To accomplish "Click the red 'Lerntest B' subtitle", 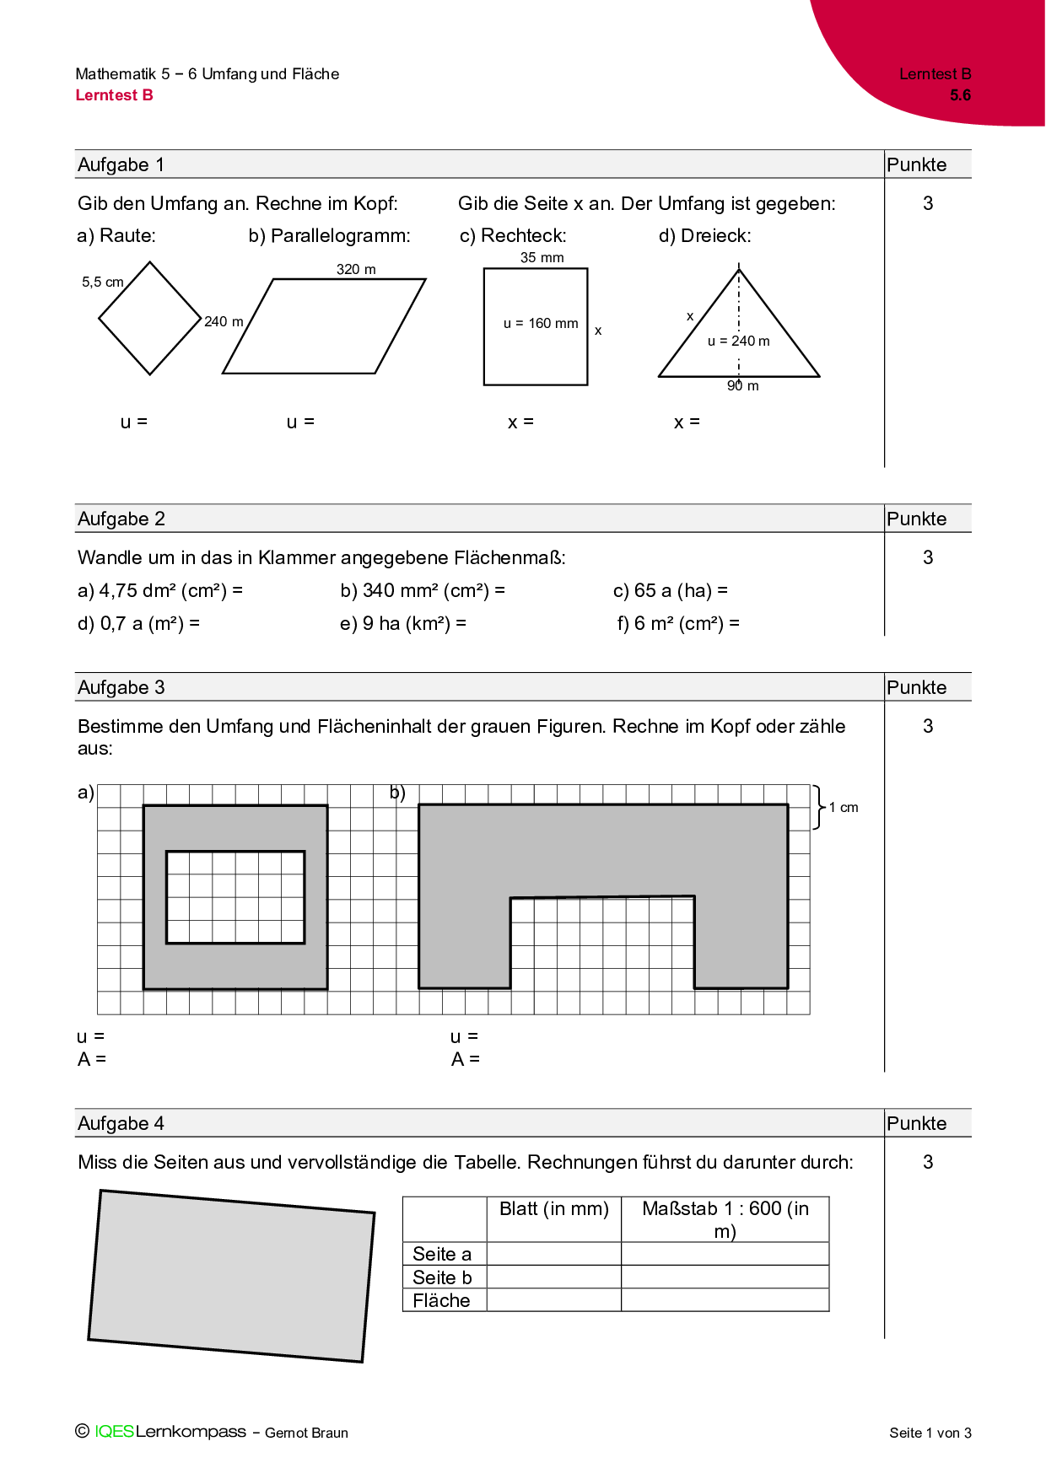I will pyautogui.click(x=114, y=95).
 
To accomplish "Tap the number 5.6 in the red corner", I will pyautogui.click(x=960, y=95).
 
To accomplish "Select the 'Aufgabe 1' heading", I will pyautogui.click(x=121, y=164).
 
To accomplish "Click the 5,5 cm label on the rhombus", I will pyautogui.click(x=102, y=282).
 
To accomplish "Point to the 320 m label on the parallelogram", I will pyautogui.click(x=356, y=269).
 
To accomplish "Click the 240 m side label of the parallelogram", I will pyautogui.click(x=224, y=321).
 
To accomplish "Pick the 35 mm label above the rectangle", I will pyautogui.click(x=542, y=257).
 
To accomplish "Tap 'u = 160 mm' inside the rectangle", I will pyautogui.click(x=541, y=323).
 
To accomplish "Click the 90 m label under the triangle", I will pyautogui.click(x=743, y=386).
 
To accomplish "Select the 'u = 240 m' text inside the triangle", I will pyautogui.click(x=738, y=341).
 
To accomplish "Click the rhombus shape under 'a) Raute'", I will pyautogui.click(x=150, y=319).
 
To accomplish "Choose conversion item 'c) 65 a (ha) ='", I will pyautogui.click(x=670, y=590).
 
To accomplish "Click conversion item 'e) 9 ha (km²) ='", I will pyautogui.click(x=402, y=623).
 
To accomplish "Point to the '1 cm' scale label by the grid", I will pyautogui.click(x=844, y=807).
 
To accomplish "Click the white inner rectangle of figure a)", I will pyautogui.click(x=235, y=897).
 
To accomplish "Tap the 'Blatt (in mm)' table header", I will pyautogui.click(x=553, y=1208).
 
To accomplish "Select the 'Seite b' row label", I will pyautogui.click(x=442, y=1277).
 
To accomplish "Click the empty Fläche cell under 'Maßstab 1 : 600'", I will pyautogui.click(x=725, y=1300).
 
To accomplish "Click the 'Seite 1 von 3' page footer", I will pyautogui.click(x=930, y=1433).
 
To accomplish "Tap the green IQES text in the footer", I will pyautogui.click(x=114, y=1431).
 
